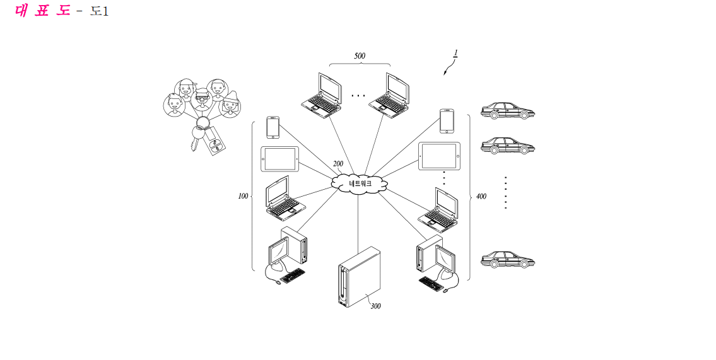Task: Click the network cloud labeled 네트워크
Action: coord(360,183)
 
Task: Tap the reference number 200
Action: coord(338,164)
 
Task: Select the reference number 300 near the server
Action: coord(375,306)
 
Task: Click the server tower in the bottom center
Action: coord(360,277)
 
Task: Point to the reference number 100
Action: coord(243,196)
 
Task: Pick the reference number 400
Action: coord(481,197)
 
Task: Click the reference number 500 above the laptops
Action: coord(360,56)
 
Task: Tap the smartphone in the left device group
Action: coord(273,127)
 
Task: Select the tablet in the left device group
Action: coord(280,159)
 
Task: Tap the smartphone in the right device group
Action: coord(447,121)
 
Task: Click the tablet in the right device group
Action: coord(439,156)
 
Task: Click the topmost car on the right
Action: coord(507,111)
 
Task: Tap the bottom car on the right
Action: coord(507,259)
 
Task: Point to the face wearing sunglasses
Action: coord(201,98)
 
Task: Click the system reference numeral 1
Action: coord(455,54)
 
